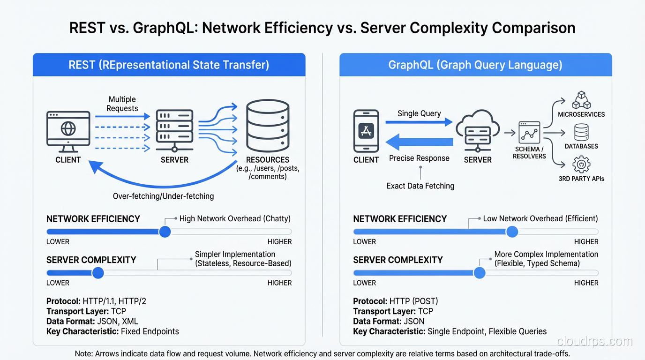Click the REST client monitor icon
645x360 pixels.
point(68,131)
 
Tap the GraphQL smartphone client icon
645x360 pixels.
point(366,131)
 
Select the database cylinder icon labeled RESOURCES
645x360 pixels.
point(268,125)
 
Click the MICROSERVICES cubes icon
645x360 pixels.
point(581,100)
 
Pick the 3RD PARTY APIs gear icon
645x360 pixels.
point(581,165)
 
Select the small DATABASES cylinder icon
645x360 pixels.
point(581,133)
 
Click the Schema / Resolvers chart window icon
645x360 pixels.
point(529,133)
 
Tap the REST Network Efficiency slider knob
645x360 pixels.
point(165,232)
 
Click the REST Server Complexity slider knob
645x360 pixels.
point(98,273)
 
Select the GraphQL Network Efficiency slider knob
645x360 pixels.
point(512,232)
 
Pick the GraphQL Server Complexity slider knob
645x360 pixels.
point(479,273)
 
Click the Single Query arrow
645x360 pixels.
point(419,122)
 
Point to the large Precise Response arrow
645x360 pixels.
point(419,142)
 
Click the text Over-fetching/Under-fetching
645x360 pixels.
point(163,196)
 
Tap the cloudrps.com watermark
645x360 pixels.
point(595,341)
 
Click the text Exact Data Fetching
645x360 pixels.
point(420,186)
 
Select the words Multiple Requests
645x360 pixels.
point(122,104)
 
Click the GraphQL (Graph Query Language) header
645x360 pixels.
point(475,65)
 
